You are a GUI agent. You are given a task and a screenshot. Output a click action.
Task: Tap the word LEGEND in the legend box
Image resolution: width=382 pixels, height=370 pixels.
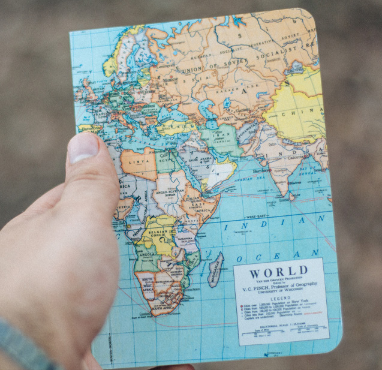point(279,298)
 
